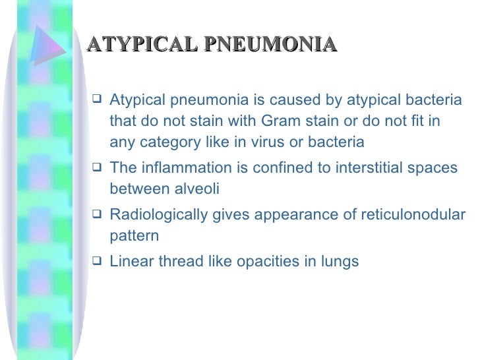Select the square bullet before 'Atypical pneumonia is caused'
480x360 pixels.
tap(97, 101)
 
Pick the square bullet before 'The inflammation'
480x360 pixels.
tap(97, 168)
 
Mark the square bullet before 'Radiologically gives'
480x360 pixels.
tap(97, 215)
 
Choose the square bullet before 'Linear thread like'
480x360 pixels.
tap(97, 262)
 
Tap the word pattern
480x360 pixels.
tap(134, 236)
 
